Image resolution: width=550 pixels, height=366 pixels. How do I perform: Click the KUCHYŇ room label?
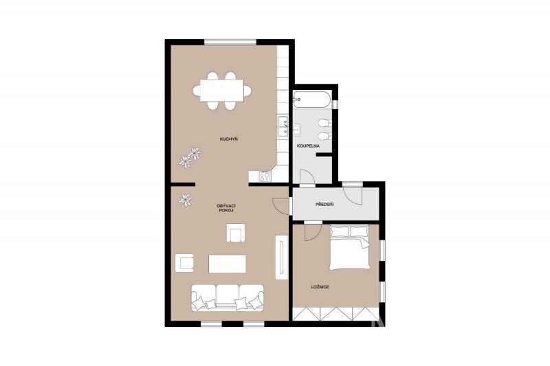click(229, 139)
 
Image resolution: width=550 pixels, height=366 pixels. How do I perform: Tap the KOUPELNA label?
click(308, 146)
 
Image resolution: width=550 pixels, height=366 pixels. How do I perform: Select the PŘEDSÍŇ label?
click(324, 204)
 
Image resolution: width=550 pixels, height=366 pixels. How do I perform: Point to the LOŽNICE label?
click(320, 287)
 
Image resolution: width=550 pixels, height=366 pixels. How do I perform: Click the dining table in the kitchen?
click(222, 91)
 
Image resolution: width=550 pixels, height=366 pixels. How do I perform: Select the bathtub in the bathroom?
click(312, 100)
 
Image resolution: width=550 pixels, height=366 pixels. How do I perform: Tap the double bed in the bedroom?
click(350, 248)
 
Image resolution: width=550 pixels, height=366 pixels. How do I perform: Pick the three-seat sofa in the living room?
click(228, 297)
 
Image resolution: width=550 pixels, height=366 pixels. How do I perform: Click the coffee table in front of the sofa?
click(228, 264)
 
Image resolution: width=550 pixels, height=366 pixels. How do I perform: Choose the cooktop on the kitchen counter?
click(265, 176)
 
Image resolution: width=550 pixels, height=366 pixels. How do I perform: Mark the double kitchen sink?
click(283, 127)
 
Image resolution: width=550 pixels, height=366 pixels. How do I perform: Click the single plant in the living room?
click(185, 201)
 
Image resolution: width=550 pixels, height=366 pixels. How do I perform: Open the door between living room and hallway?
click(281, 205)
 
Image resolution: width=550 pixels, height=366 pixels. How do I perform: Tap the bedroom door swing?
click(313, 231)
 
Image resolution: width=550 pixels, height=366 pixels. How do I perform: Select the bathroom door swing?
click(307, 177)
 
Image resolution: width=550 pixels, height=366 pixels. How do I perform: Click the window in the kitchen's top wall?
click(230, 42)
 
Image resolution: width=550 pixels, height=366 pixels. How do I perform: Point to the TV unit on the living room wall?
click(281, 257)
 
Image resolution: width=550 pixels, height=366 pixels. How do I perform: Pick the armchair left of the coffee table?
click(184, 263)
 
